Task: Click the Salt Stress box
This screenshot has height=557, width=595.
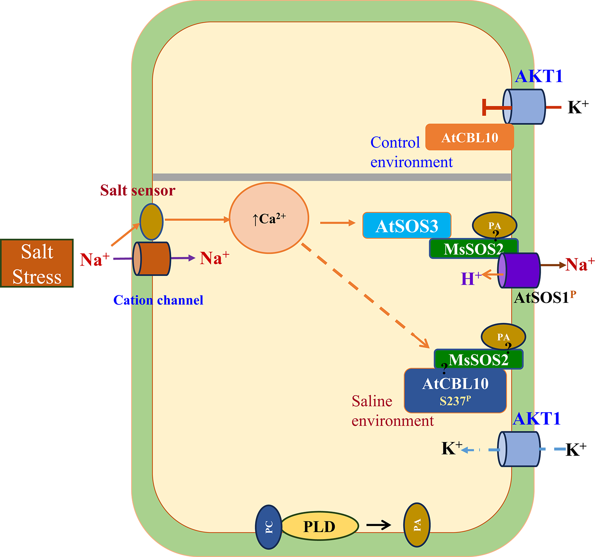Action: (37, 263)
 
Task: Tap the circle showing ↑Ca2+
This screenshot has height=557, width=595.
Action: (269, 218)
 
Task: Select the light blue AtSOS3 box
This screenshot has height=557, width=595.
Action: (406, 226)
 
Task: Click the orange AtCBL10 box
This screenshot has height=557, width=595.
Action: (469, 138)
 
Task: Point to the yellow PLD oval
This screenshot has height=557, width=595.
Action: (319, 526)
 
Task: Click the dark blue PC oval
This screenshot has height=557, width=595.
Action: (269, 527)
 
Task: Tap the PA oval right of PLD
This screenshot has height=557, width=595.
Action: (417, 525)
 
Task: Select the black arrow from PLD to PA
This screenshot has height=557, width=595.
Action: (378, 525)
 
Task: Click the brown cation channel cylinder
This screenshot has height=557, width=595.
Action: (152, 258)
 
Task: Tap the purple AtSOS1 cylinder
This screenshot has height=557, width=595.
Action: (519, 270)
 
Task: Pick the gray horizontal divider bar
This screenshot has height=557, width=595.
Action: (332, 177)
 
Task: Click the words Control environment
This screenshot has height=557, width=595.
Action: (411, 152)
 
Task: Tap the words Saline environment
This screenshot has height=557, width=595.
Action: (392, 411)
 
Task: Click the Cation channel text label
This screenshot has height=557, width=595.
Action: (158, 300)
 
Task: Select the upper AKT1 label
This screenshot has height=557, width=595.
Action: (539, 76)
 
